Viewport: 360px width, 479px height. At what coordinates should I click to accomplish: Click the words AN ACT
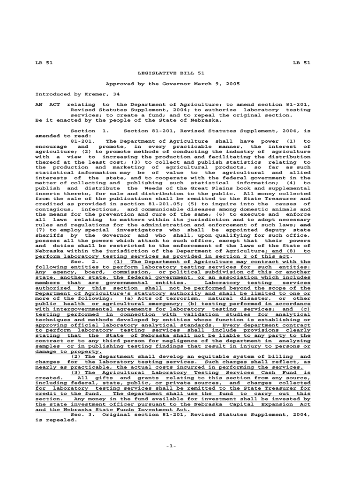[x=45, y=105]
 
